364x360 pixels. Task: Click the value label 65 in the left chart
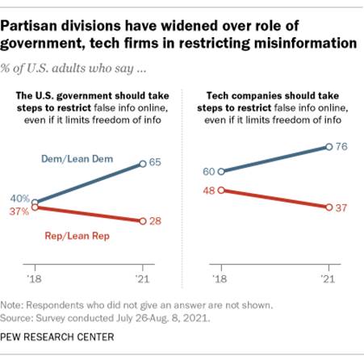pos(157,163)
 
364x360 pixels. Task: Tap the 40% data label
pos(19,197)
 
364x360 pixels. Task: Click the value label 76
pos(342,146)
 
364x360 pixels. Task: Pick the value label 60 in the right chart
pos(207,172)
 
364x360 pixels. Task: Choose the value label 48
pos(207,190)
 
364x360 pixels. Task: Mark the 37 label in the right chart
pos(342,207)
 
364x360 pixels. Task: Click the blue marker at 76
pos(328,147)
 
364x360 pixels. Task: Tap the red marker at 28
pos(142,221)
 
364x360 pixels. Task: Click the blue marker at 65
pos(142,164)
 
